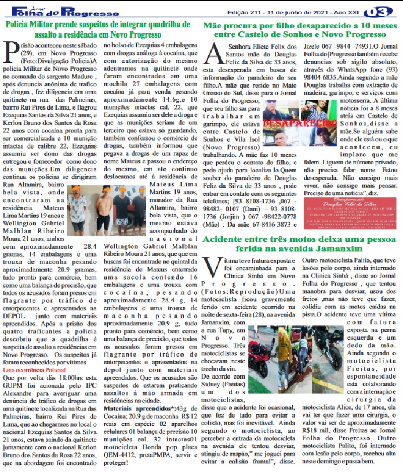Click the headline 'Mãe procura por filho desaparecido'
tap(302, 29)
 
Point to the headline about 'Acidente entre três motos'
tap(302, 244)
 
